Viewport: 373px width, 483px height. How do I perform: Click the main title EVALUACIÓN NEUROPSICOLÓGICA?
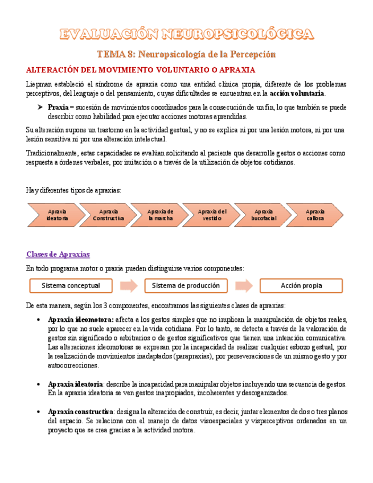pyautogui.click(x=186, y=35)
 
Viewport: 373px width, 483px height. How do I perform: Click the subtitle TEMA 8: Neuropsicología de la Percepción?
pyautogui.click(x=186, y=54)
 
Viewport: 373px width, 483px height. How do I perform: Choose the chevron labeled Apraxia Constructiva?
pyautogui.click(x=108, y=215)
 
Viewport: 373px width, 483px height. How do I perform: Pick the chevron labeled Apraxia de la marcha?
pyautogui.click(x=160, y=215)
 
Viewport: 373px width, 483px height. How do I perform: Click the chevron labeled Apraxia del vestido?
pyautogui.click(x=212, y=215)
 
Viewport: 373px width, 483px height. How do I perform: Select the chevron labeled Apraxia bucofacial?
pyautogui.click(x=264, y=215)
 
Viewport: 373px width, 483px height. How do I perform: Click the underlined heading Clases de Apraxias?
pyautogui.click(x=58, y=253)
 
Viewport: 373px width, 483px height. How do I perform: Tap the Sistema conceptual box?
pyautogui.click(x=71, y=285)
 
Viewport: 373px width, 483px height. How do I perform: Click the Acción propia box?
pyautogui.click(x=301, y=285)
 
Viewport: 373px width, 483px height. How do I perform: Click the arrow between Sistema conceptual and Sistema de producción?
pyautogui.click(x=129, y=285)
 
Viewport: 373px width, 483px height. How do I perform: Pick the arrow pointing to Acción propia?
pyautogui.click(x=244, y=285)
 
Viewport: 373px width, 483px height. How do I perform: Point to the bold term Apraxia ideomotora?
pyautogui.click(x=81, y=320)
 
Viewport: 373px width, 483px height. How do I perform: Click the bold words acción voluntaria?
pyautogui.click(x=297, y=93)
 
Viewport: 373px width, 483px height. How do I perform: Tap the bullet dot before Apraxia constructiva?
pyautogui.click(x=38, y=412)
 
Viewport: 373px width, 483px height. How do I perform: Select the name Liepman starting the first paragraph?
pyautogui.click(x=39, y=84)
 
